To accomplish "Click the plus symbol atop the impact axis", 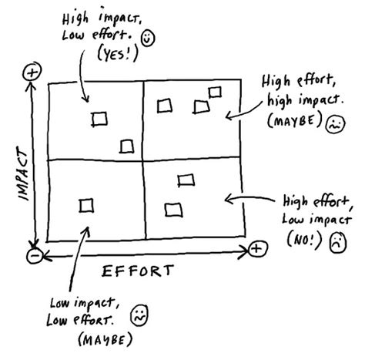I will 32,72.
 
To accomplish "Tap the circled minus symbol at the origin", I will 32,254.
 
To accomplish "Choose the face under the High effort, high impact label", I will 333,123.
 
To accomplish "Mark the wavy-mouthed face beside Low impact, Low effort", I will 138,315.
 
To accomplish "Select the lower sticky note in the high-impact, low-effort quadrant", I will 127,146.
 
